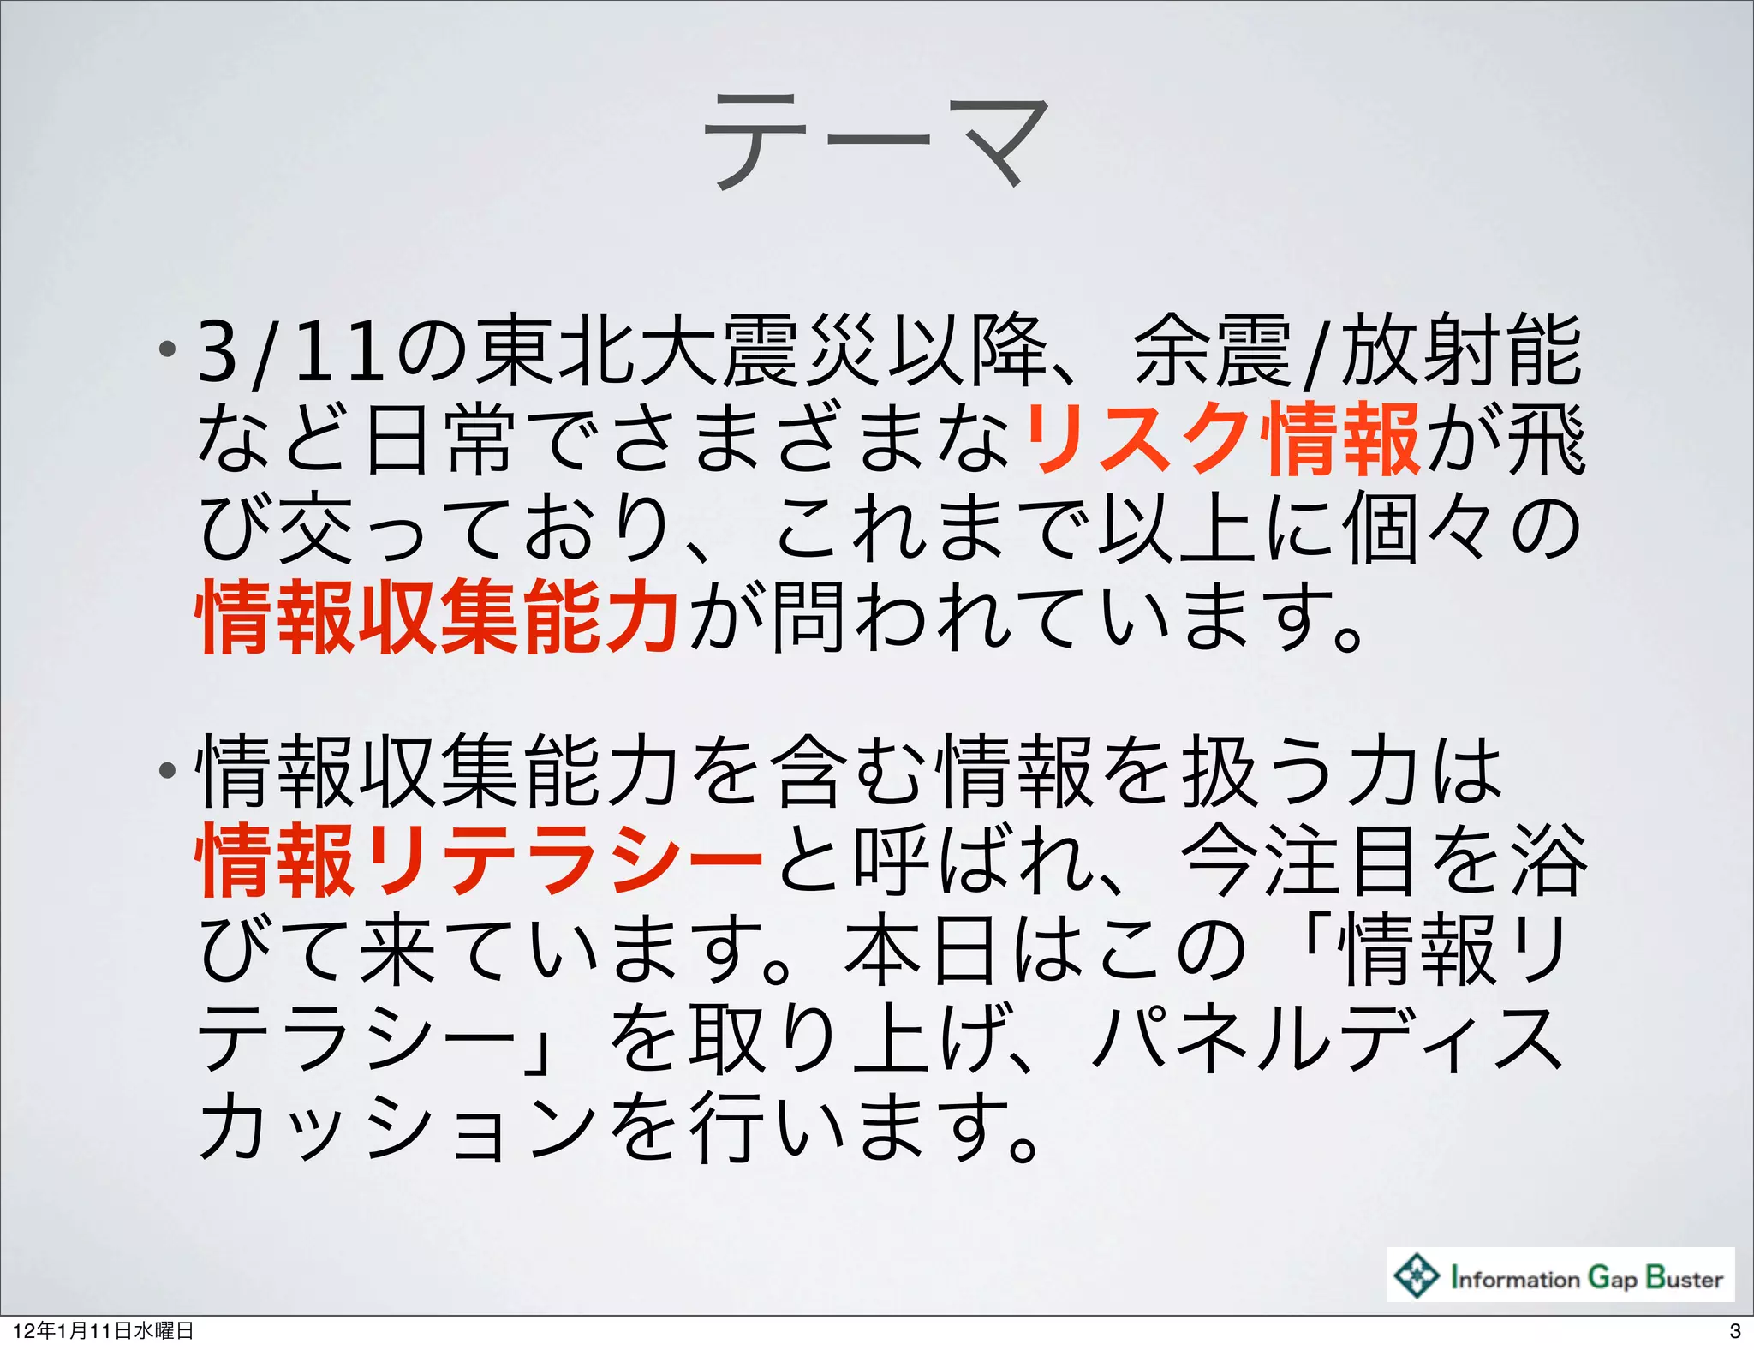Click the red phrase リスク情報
pos(1223,440)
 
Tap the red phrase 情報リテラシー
pos(480,860)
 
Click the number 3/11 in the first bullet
pos(291,351)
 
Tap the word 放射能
pos(1460,351)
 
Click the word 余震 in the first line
pos(1212,351)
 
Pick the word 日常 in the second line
pos(441,440)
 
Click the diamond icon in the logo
pos(1417,1275)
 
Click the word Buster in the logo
pos(1684,1277)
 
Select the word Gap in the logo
pos(1613,1278)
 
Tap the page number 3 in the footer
pos(1735,1331)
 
